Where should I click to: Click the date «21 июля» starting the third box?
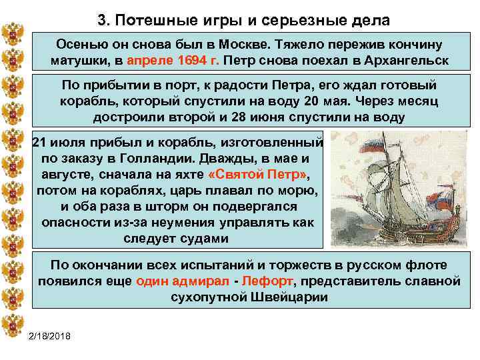click(58, 143)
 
